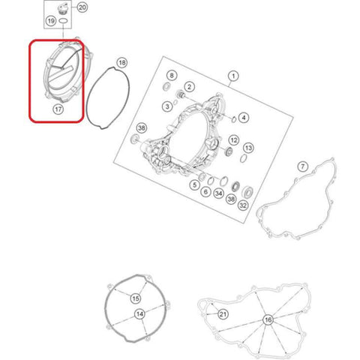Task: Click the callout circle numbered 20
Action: (x=82, y=7)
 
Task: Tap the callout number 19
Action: (x=51, y=21)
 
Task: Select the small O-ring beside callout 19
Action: (x=64, y=21)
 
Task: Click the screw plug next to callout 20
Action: (x=61, y=8)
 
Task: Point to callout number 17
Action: (x=58, y=109)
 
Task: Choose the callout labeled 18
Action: (x=122, y=62)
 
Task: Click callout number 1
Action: (x=233, y=76)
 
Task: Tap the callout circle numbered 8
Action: (x=172, y=76)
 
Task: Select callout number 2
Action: (x=189, y=87)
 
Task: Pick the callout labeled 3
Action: (x=167, y=106)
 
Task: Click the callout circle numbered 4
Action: (x=244, y=118)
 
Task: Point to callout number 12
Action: (x=234, y=140)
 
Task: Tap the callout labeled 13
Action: (x=248, y=148)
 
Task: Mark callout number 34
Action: (x=219, y=193)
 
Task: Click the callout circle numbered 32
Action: (x=243, y=205)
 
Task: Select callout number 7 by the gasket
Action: (x=303, y=166)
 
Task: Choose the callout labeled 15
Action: (x=136, y=298)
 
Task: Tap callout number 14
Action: (x=139, y=314)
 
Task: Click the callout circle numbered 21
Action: (x=223, y=314)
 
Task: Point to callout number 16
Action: (x=268, y=319)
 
